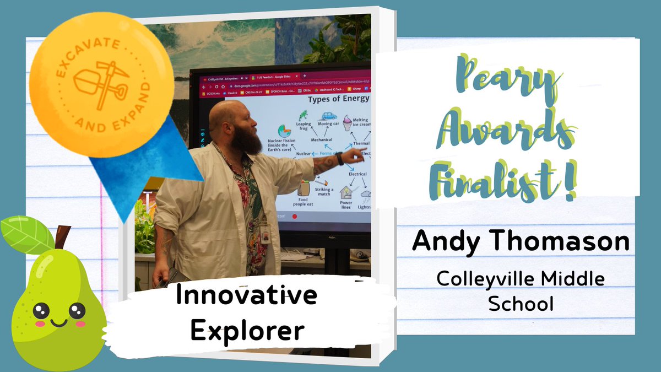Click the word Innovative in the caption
coord(246,296)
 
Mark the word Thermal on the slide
coord(361,143)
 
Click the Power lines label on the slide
coord(345,205)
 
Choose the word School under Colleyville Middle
coord(521,304)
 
